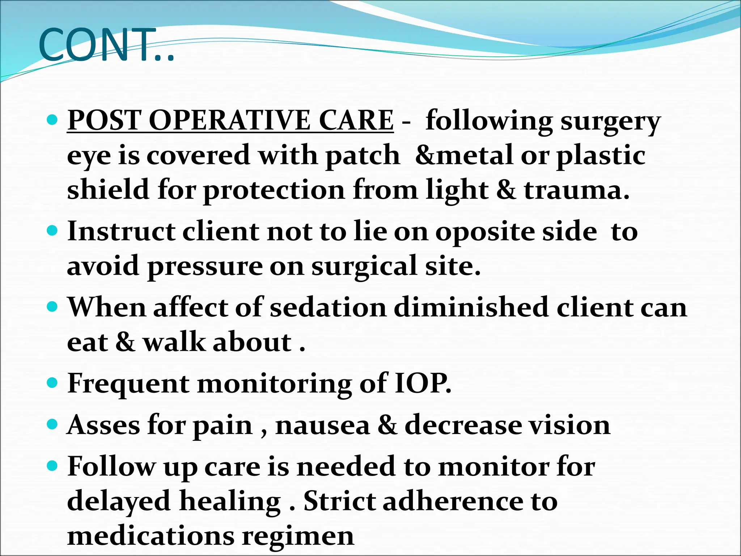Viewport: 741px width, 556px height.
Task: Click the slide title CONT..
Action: coord(106,45)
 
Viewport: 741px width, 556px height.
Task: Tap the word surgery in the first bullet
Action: coord(611,122)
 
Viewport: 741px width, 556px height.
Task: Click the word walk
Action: coord(174,342)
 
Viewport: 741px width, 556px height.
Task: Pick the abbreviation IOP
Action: coord(423,383)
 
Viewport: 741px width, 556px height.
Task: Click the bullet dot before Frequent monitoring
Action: coord(52,382)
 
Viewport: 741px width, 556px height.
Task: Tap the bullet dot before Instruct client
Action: coord(52,230)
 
